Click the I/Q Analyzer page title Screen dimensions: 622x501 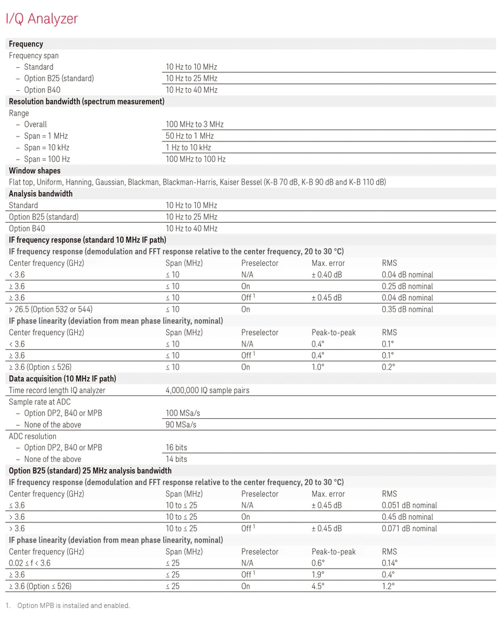coord(41,19)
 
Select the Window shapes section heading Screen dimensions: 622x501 coord(35,171)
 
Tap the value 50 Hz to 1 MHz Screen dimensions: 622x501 coord(190,136)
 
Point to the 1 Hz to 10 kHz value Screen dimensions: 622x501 coord(188,147)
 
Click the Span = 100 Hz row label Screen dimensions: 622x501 coord(46,159)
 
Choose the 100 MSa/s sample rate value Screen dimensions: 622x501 coord(183,413)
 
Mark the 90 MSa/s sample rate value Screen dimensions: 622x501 coord(181,425)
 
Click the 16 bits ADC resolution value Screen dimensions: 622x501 coord(176,447)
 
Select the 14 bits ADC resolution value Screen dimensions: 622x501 coord(176,459)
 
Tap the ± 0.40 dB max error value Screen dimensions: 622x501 coord(327,275)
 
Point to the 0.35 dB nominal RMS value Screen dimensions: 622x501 coord(407,309)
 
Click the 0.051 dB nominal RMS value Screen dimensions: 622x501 coord(409,505)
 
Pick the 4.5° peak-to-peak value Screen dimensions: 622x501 coord(318,586)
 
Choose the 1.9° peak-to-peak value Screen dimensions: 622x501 coord(318,574)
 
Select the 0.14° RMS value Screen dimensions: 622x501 coord(389,563)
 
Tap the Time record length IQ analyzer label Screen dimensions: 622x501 coord(57,390)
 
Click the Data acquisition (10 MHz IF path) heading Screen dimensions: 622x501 coord(62,379)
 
